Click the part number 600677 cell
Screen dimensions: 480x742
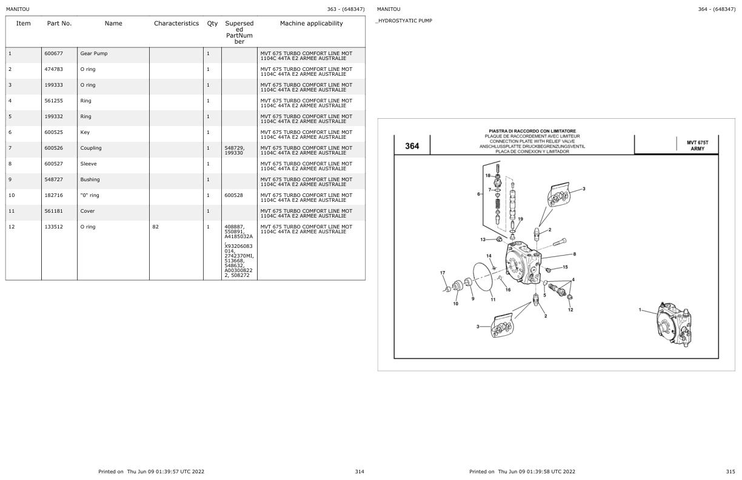click(x=53, y=53)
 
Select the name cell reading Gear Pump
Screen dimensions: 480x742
click(x=93, y=53)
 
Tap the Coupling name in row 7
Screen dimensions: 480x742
click(x=91, y=148)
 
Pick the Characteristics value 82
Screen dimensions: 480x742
click(x=156, y=227)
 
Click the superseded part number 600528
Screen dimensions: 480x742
click(x=233, y=195)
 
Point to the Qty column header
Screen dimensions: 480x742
click(x=212, y=24)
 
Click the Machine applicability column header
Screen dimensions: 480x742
click(x=311, y=24)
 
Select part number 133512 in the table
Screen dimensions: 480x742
click(x=53, y=227)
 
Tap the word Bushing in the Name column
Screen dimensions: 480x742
click(x=90, y=179)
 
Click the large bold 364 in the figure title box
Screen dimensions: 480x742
click(x=412, y=145)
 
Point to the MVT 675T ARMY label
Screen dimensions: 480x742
click(x=697, y=145)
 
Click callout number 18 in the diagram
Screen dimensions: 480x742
click(x=487, y=175)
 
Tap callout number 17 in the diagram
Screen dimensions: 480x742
click(x=443, y=273)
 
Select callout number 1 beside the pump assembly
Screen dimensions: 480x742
click(x=640, y=310)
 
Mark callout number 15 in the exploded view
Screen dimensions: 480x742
click(x=565, y=267)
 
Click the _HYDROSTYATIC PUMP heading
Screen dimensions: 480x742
click(x=405, y=21)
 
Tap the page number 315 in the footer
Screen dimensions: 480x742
click(x=730, y=472)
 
